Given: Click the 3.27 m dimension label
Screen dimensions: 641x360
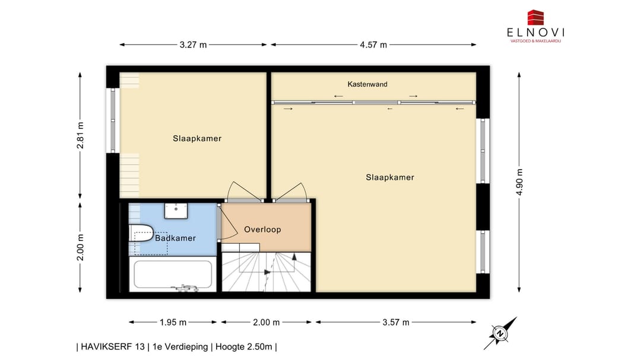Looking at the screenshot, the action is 193,44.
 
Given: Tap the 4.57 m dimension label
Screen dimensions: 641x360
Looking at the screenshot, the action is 373,44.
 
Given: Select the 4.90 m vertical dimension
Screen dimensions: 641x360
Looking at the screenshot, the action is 519,182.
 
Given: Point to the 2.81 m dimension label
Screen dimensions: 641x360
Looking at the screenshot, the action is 80,135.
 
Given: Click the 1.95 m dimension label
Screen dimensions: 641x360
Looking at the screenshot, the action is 173,323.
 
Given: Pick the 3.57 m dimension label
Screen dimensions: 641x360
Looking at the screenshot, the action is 396,323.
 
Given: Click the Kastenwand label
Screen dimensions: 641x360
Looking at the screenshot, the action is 367,84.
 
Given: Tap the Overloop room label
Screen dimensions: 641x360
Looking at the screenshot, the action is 262,230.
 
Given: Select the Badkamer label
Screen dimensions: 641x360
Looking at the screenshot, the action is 175,238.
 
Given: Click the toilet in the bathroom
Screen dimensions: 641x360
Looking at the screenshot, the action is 141,233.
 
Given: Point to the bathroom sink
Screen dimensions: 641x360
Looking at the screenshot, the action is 176,211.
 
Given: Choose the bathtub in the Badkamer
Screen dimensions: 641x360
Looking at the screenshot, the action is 173,274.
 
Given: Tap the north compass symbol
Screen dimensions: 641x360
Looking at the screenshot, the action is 500,333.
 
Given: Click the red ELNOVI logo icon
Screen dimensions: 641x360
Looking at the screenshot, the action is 535,18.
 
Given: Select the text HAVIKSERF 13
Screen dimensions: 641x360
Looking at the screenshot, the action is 113,347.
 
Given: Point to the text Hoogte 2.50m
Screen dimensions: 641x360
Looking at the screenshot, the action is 244,347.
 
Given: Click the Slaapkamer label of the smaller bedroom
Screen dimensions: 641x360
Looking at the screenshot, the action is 197,139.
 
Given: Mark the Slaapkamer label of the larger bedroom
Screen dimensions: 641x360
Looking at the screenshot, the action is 390,177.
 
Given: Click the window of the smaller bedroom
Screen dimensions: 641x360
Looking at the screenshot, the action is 113,120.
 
